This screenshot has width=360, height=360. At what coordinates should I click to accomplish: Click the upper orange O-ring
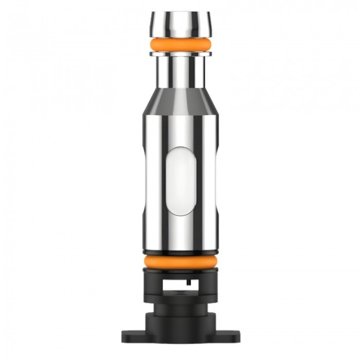coord(180,44)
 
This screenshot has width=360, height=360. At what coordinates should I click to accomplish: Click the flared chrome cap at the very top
coord(180,23)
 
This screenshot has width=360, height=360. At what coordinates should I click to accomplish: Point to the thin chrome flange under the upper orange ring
coord(180,53)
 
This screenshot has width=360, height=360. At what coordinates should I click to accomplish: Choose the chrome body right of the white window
coord(206,180)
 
